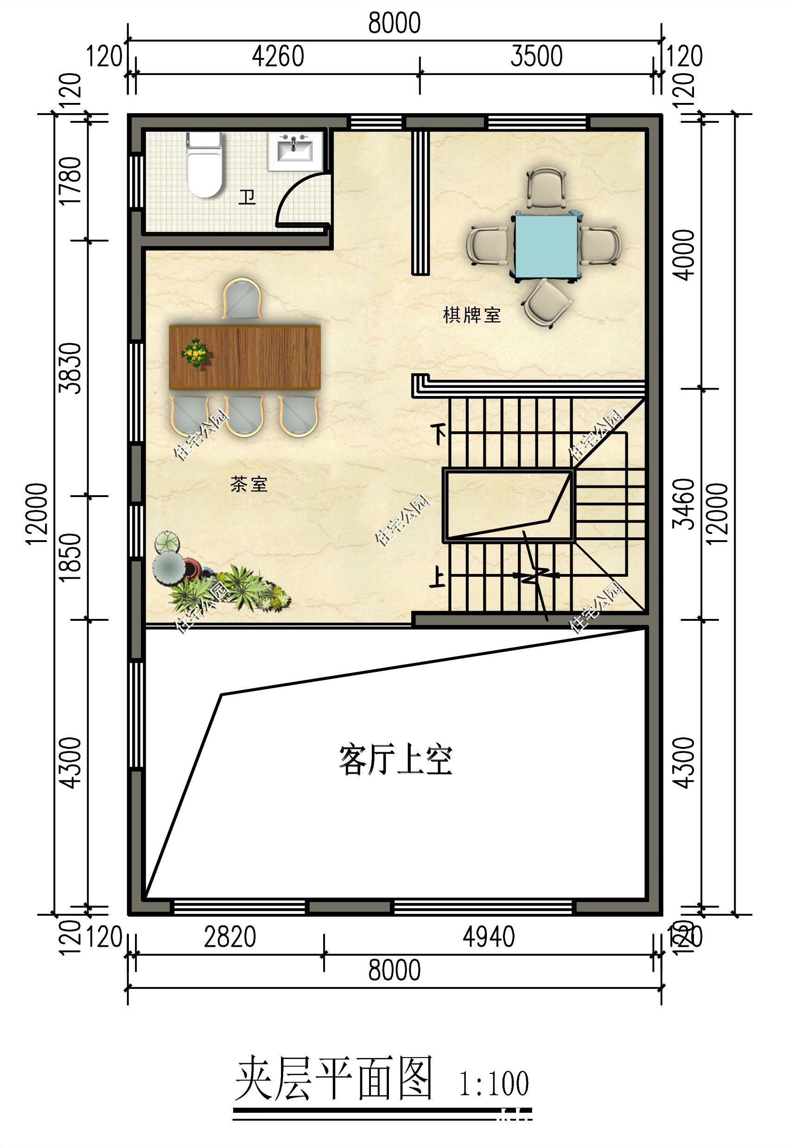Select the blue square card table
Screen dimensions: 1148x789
click(x=546, y=245)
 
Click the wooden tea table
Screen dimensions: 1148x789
click(x=245, y=357)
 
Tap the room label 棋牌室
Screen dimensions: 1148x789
click(x=471, y=315)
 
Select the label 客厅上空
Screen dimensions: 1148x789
click(x=395, y=760)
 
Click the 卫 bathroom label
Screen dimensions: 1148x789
click(x=247, y=197)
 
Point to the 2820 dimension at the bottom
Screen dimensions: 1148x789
click(x=230, y=937)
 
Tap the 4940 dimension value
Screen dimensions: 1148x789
click(x=489, y=937)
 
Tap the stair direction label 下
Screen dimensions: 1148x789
click(x=439, y=434)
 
